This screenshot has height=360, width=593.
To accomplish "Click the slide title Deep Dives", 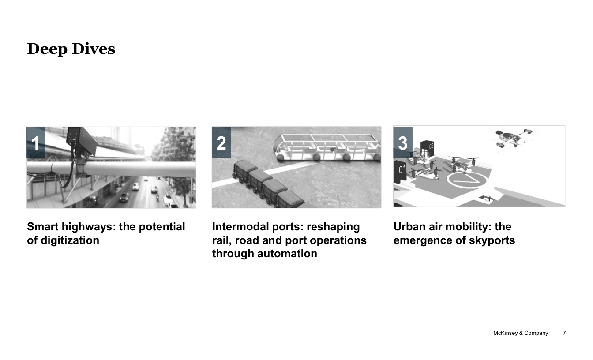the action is coord(71,49).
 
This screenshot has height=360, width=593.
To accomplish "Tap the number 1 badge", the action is coord(36,142).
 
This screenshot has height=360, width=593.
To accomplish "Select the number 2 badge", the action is coord(221,142).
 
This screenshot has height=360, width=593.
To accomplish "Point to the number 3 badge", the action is coord(403,142).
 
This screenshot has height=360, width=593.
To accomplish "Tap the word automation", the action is coord(287,254).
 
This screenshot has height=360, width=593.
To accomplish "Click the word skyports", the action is coord(492,240).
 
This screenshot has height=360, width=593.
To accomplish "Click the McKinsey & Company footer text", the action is coord(521,333).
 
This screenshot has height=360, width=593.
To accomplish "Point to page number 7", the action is coord(564,333).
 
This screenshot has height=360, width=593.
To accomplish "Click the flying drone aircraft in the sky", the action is coord(513,139).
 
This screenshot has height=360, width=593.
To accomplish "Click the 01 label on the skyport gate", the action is coord(402,169).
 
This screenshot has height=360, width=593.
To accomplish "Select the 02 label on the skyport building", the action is coord(431,146).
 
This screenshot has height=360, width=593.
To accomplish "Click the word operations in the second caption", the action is coord(338,240).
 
